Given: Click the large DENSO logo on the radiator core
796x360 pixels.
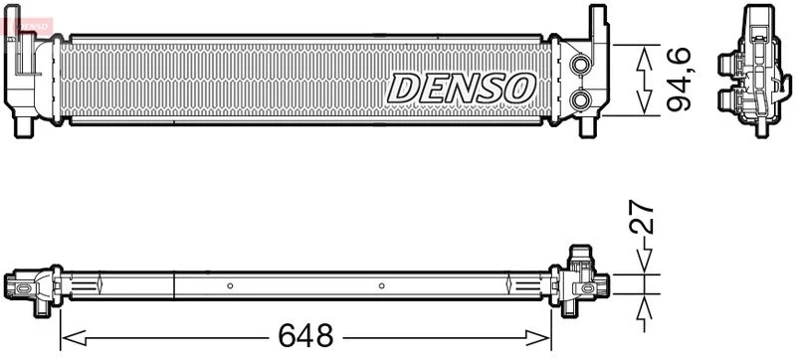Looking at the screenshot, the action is (461, 89).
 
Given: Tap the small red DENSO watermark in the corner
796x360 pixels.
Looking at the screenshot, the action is (31, 25).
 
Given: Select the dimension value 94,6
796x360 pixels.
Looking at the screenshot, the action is (680, 80).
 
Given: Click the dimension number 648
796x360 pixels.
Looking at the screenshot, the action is (305, 335).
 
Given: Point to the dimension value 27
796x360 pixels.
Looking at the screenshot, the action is (641, 216).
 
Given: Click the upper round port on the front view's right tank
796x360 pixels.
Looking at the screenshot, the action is (579, 64).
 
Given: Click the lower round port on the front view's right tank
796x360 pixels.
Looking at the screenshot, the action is (579, 99).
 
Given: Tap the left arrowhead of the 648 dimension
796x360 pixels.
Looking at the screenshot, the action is (74, 337).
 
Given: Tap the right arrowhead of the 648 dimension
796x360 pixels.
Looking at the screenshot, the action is (538, 337).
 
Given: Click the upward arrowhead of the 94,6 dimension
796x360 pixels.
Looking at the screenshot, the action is (644, 59).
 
